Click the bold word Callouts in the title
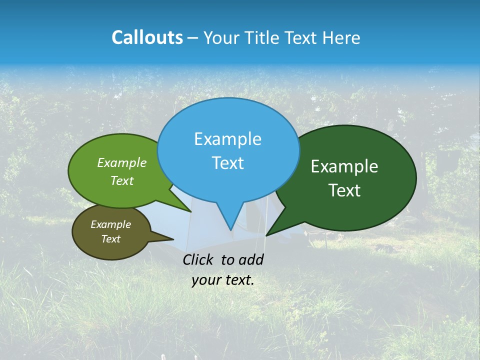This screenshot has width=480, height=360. pos(147,37)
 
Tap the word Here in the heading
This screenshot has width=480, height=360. pos(341,37)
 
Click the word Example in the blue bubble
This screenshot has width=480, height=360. pos(227,139)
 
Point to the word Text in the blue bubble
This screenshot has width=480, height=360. pos(227,163)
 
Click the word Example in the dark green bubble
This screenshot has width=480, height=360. pos(344,166)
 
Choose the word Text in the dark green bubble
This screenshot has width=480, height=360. pos(344,190)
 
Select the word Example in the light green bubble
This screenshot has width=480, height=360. pos(122,162)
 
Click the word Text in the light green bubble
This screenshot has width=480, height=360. pos(122,180)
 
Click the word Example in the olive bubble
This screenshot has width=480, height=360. pos(110,224)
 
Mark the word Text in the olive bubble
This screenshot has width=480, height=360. pos(110,239)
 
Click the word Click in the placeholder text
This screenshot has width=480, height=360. pos(198,259)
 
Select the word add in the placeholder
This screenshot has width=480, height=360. pos(250,259)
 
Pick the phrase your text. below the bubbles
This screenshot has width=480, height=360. pos(223,280)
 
